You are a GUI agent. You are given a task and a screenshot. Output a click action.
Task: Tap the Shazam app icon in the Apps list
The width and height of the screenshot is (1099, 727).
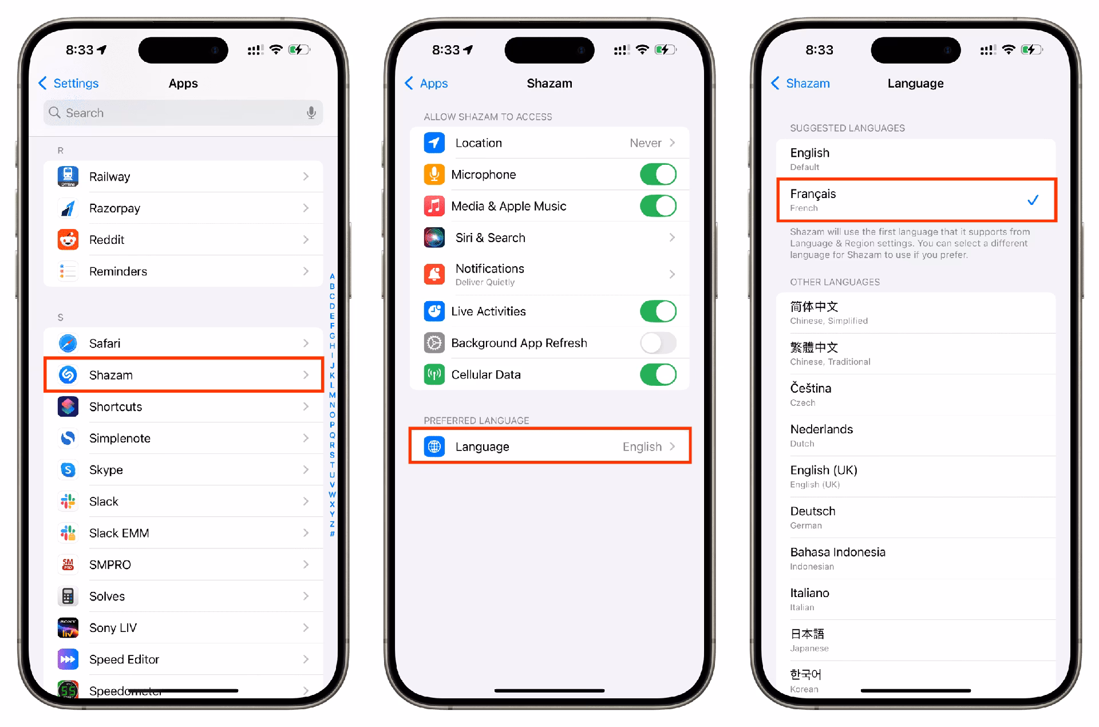(x=68, y=375)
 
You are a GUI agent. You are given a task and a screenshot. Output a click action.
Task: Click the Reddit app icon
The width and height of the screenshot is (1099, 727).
(x=68, y=240)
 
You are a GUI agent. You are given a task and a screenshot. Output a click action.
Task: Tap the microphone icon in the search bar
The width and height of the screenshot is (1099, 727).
(x=311, y=113)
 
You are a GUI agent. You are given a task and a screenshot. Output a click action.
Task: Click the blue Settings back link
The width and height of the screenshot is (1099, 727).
(x=69, y=84)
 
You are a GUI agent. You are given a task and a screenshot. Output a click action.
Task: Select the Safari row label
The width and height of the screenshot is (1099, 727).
(x=105, y=343)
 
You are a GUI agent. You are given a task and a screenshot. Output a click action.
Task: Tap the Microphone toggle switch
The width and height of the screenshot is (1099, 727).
(x=658, y=175)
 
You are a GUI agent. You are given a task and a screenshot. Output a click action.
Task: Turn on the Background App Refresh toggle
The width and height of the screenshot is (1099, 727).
(x=658, y=343)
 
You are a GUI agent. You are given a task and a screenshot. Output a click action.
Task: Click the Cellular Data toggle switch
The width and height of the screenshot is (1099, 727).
(x=658, y=375)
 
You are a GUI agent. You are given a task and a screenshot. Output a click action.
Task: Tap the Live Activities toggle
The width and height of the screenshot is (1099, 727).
(x=658, y=311)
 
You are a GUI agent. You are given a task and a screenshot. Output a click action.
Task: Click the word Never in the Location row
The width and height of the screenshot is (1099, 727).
(x=646, y=143)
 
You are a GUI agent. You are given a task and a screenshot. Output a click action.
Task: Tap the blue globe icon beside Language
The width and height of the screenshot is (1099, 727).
(x=434, y=447)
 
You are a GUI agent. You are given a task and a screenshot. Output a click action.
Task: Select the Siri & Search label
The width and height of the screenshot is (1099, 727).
(x=491, y=238)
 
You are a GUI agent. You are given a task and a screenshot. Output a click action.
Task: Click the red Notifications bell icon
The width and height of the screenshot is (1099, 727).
(x=434, y=274)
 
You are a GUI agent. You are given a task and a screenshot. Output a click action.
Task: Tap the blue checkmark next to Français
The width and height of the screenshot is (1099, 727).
(x=1033, y=200)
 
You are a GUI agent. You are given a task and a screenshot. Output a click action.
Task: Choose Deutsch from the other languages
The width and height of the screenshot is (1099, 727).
(x=813, y=511)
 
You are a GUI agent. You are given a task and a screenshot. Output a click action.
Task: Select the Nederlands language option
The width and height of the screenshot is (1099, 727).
(x=821, y=429)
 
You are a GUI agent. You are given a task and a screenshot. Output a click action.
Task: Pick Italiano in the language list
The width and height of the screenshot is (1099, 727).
(x=810, y=593)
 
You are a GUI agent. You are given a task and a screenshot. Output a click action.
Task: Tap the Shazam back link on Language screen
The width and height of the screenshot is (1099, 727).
(x=800, y=84)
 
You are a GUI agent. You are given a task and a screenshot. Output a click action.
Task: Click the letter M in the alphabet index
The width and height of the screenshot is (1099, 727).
(x=332, y=395)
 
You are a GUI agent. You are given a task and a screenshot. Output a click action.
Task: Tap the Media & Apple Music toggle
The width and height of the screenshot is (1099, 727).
(x=658, y=206)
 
